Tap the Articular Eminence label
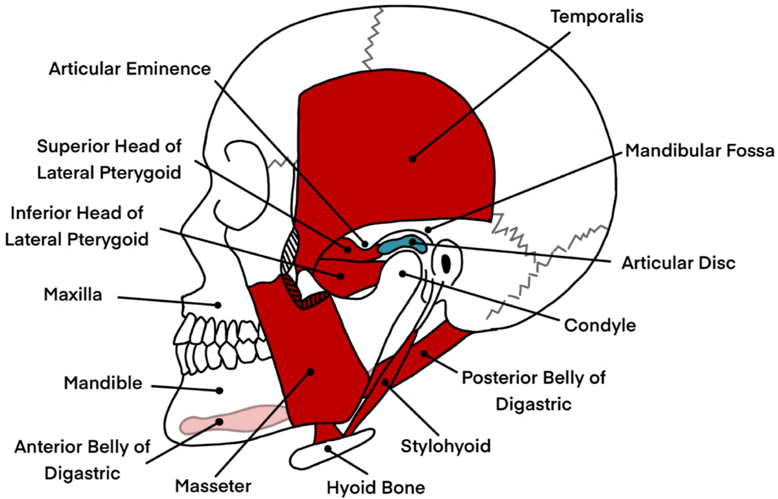click(130, 68)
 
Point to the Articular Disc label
click(678, 263)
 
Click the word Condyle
click(600, 325)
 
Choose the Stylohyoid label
click(445, 446)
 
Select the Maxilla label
click(72, 296)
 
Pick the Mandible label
click(103, 383)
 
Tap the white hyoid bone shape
click(335, 449)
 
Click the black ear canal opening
click(447, 263)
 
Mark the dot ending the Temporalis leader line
click(412, 159)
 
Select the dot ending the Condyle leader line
click(402, 274)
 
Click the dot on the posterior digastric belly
click(423, 352)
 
